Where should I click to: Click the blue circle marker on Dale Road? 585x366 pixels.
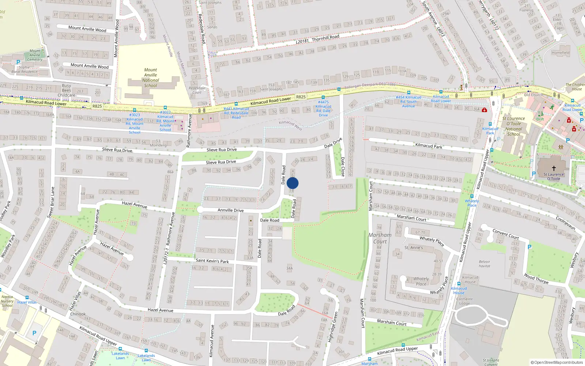click(292, 183)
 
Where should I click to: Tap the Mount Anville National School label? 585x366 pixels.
click(150, 78)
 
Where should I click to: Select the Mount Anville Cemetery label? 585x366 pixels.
click(35, 55)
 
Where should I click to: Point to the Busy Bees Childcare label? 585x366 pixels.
click(67, 90)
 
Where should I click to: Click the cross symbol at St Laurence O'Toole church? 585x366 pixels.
click(554, 168)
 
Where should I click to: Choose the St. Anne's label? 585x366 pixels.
click(414, 248)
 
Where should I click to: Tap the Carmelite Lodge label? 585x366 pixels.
click(464, 301)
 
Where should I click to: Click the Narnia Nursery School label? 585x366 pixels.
click(7, 301)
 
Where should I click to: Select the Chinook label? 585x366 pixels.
click(78, 314)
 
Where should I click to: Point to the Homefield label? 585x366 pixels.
click(561, 53)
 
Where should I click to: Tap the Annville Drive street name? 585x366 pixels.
click(230, 210)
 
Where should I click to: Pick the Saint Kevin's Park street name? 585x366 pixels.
click(212, 261)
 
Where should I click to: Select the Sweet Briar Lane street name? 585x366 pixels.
click(52, 202)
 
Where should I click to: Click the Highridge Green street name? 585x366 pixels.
click(333, 326)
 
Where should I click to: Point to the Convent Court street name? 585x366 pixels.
click(506, 234)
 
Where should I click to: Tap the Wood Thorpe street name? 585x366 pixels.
click(536, 279)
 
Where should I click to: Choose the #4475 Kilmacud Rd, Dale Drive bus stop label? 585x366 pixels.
click(323, 109)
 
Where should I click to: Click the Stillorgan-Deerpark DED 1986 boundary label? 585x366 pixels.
click(371, 85)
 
